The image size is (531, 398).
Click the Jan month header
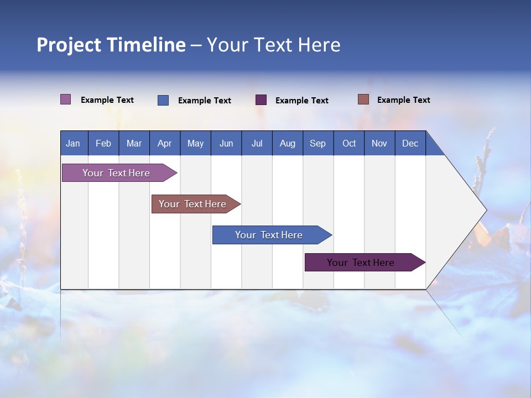[x=73, y=144]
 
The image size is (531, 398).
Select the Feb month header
[x=103, y=144]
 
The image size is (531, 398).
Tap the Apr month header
[x=164, y=144]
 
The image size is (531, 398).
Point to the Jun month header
[x=226, y=144]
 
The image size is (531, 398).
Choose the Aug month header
[x=287, y=144]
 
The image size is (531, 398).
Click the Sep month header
[x=317, y=144]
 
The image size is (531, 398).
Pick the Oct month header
[x=349, y=144]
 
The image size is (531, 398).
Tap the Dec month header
[x=410, y=144]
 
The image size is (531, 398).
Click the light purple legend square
[x=66, y=99]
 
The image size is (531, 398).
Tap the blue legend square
[x=163, y=100]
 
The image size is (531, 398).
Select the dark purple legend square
[x=261, y=100]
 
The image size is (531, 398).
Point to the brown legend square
[x=363, y=99]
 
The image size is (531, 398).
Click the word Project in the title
[x=69, y=45]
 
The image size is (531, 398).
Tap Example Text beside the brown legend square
[x=403, y=100]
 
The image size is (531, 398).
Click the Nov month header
[x=379, y=144]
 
